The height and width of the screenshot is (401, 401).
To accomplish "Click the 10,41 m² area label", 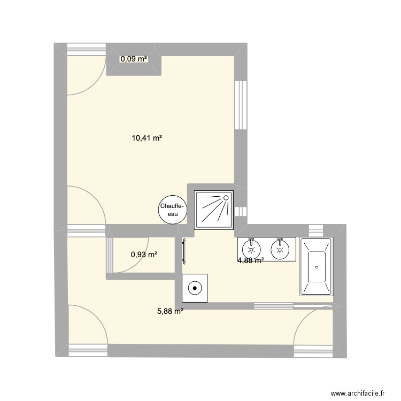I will (147, 138).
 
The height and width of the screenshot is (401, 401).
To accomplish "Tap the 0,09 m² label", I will (133, 59).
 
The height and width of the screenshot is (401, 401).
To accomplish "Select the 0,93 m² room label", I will (144, 255).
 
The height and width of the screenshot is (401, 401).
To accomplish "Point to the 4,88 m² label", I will (251, 261).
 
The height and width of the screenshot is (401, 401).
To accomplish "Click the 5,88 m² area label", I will (170, 311).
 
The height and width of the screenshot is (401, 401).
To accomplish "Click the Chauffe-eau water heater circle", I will (172, 210).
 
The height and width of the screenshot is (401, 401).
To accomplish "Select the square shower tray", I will (214, 210).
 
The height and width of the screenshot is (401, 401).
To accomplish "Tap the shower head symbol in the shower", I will (225, 198).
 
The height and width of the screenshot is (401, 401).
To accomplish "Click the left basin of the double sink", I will (251, 249).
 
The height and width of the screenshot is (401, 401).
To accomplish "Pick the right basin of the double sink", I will (279, 249).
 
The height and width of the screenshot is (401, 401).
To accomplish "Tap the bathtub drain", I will (317, 267).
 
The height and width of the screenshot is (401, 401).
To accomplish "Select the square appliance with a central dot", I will (195, 288).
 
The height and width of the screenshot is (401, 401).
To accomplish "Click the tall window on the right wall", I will (241, 105).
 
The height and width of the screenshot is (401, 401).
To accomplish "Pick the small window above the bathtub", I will (317, 229).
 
